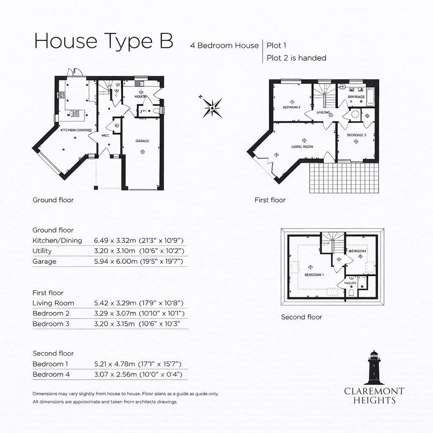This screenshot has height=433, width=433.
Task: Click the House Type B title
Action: point(103,42)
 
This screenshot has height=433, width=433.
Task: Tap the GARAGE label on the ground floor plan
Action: point(142,141)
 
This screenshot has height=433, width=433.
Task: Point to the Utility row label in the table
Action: point(42,251)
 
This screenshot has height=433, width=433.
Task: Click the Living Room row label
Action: point(53,303)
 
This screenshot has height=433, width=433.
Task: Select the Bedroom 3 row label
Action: point(51,324)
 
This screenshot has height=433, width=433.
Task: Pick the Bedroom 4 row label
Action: point(51,375)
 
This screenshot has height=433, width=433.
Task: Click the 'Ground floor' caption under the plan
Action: point(53,200)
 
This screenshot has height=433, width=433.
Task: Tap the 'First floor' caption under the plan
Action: point(270,200)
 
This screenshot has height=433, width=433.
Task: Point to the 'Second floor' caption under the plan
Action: point(301,317)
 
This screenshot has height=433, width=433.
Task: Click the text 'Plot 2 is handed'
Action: point(296,58)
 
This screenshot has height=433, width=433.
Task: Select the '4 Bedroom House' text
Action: point(224,45)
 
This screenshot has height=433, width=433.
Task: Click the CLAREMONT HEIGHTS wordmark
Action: point(374,395)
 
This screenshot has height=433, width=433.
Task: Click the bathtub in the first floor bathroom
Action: point(371,96)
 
